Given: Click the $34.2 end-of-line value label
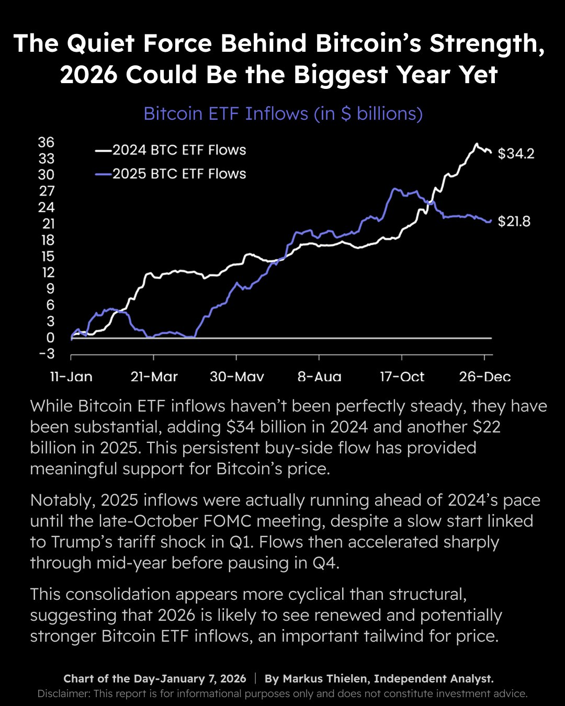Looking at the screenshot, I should pos(516,154).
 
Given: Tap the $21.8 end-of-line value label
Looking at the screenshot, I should pos(514,222).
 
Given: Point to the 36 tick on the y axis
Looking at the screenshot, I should pos(46,142).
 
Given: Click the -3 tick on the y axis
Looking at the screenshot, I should pos(46,354).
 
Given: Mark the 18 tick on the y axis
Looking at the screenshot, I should pos(47,240).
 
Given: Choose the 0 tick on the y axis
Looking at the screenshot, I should pos(50,338).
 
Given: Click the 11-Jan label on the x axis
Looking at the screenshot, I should pos(71,377).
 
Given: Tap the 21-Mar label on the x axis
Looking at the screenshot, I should pos(154,377).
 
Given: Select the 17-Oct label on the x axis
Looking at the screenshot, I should pos(402,377).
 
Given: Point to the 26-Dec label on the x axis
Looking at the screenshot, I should pos(485,377).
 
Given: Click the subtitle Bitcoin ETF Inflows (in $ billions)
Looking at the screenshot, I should pos(283,113).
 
